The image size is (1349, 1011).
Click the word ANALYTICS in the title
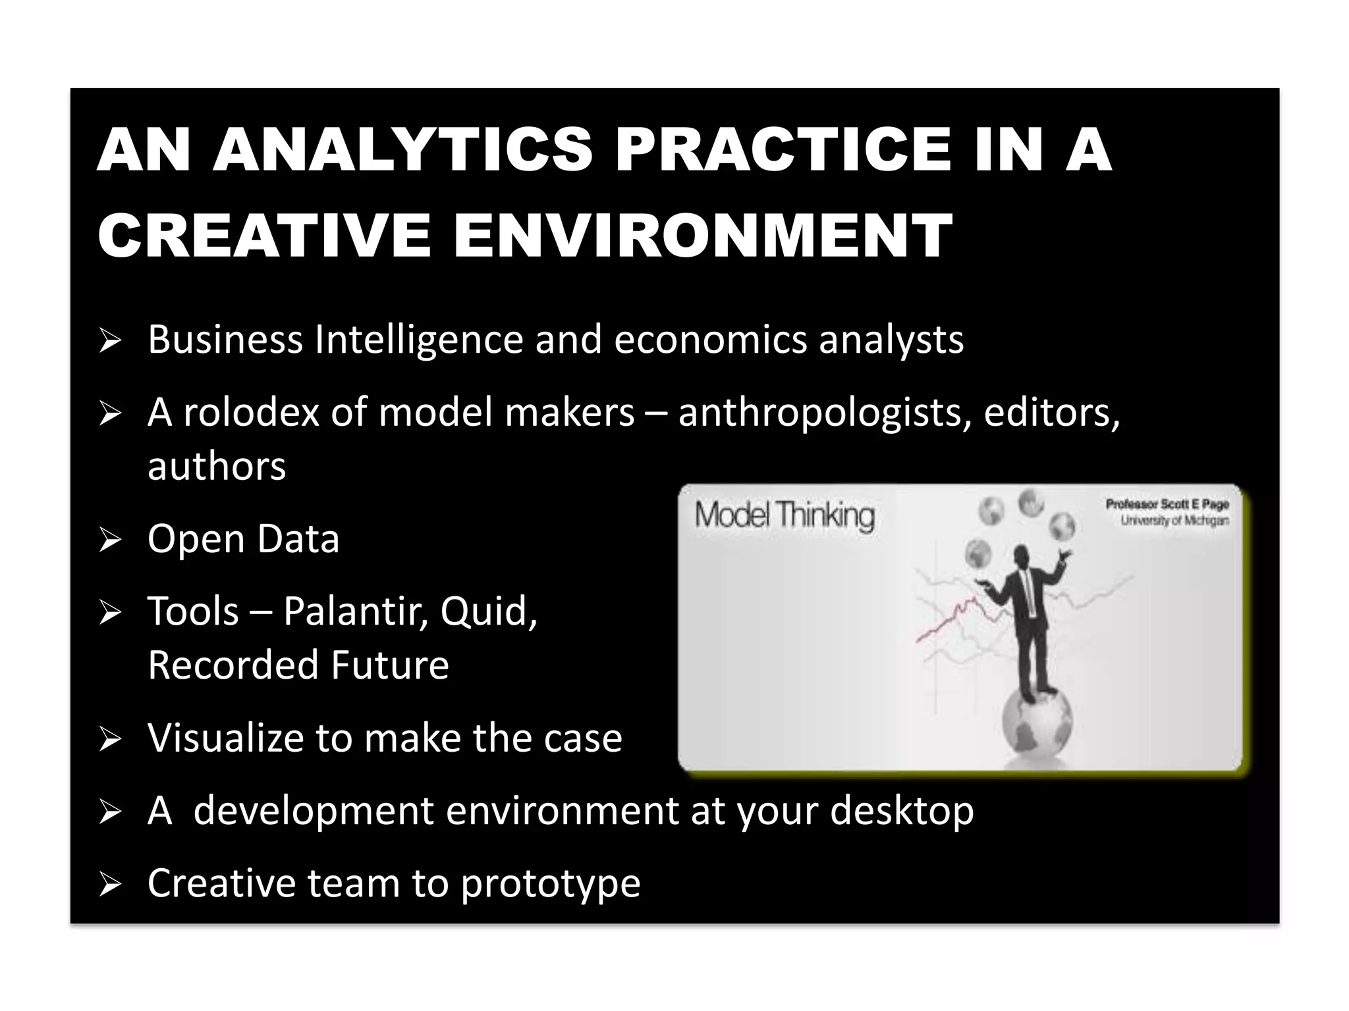point(403,150)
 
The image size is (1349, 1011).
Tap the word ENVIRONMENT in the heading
point(702,236)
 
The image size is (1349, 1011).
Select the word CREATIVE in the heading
point(264,236)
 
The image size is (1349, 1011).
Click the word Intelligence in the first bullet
point(419,340)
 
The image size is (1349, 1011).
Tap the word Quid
point(488,611)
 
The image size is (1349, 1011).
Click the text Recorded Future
point(298,665)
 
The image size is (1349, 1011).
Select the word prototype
point(550,883)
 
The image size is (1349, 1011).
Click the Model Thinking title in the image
point(785,515)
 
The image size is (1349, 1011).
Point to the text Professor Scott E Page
point(1167,504)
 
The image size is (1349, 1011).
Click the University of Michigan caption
point(1174,521)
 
